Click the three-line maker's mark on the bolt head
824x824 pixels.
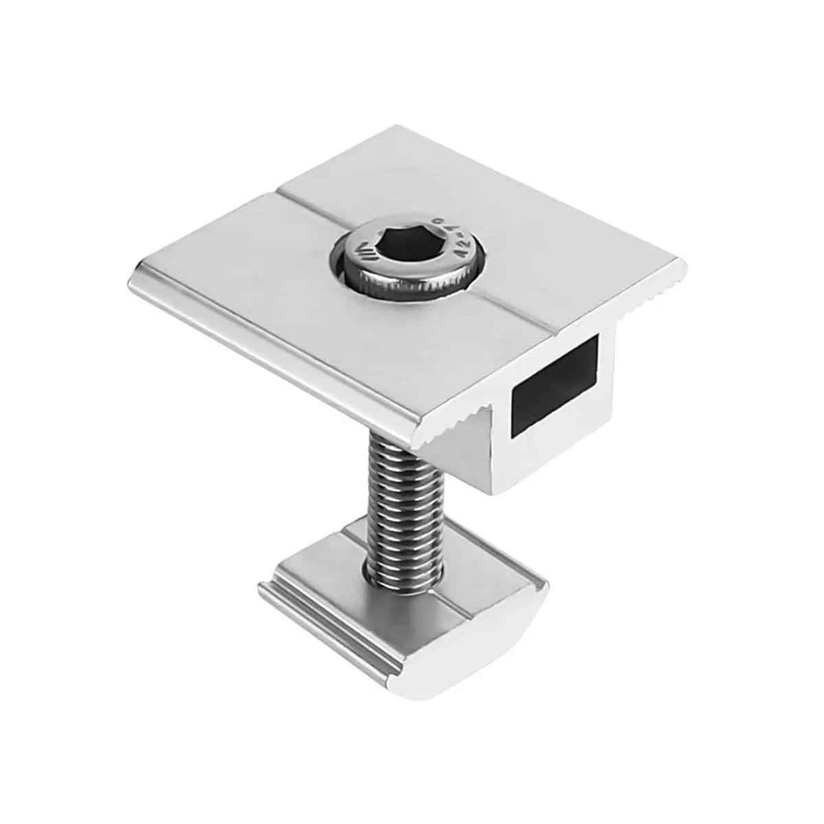[353, 260]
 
